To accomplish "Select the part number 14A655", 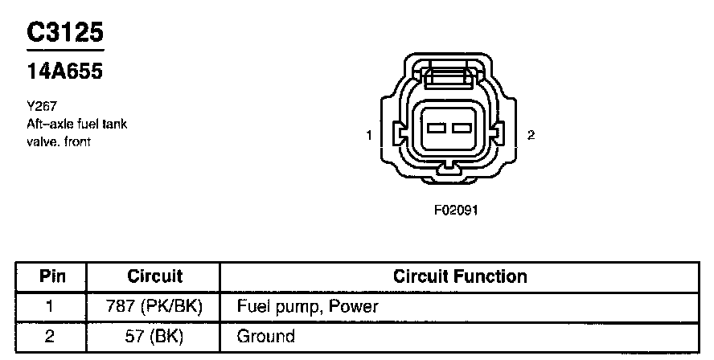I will [65, 72].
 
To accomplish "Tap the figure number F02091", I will [456, 211].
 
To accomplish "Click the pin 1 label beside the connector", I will [369, 136].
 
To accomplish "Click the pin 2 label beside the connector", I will [531, 136].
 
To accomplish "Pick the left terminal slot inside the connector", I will [437, 129].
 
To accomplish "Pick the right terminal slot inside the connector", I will [460, 129].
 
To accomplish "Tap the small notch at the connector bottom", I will [449, 167].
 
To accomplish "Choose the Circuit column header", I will [155, 277].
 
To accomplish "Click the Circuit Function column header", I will [460, 277].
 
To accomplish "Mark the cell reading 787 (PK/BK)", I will [155, 307].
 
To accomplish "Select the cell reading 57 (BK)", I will [155, 336].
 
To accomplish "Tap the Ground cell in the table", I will [265, 336].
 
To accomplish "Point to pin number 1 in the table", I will [50, 307].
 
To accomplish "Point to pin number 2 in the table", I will [50, 336].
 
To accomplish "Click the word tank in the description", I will [113, 124].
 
